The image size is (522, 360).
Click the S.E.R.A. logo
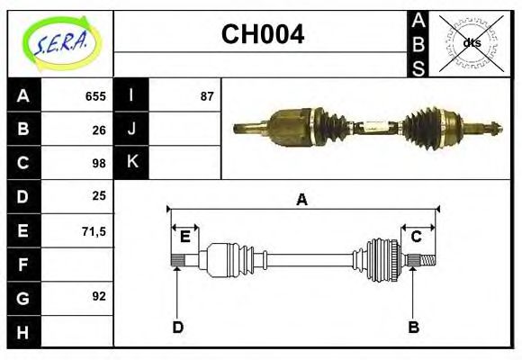click(x=60, y=42)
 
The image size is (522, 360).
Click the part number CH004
click(x=263, y=35)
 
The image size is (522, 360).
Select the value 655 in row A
click(x=95, y=96)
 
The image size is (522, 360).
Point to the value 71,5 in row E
click(x=94, y=231)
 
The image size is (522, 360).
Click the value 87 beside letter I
click(x=207, y=96)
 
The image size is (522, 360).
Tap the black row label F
click(x=22, y=265)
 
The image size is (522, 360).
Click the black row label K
click(x=131, y=162)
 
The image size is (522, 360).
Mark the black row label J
click(x=131, y=129)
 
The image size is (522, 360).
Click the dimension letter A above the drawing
click(x=302, y=200)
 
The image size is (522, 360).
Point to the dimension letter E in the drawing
click(x=184, y=237)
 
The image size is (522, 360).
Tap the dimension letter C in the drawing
click(x=417, y=237)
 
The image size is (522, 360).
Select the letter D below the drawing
click(x=177, y=327)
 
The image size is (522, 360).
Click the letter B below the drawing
click(x=413, y=327)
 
